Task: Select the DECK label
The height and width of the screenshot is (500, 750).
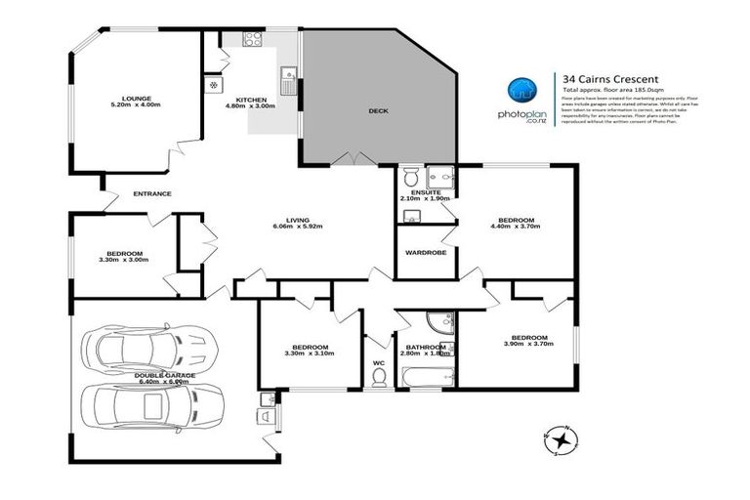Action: [378, 111]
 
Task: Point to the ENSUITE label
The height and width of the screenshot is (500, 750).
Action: [426, 192]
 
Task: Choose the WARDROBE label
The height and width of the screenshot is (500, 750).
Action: [425, 252]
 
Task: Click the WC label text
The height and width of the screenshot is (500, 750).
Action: [379, 362]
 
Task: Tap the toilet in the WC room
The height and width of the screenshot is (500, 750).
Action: [379, 378]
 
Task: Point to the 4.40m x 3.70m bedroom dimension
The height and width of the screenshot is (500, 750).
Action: [516, 228]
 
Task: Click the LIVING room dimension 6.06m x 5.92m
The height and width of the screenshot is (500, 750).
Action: [298, 228]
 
